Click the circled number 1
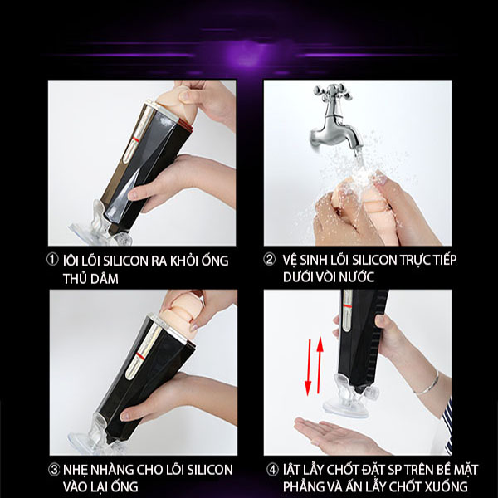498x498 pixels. click(52, 260)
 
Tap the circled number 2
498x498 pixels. click(269, 260)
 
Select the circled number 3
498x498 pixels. click(54, 470)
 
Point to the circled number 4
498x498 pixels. click(272, 470)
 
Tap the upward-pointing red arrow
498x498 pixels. click(320, 364)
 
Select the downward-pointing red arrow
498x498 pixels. click(308, 368)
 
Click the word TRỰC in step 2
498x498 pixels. click(415, 260)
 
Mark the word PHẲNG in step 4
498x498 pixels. click(302, 486)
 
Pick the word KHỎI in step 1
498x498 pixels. click(184, 261)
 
